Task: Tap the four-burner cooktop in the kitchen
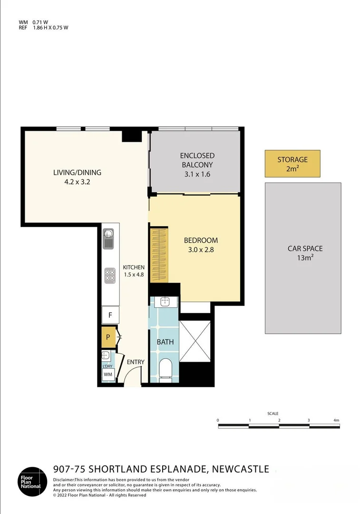pyautogui.click(x=110, y=275)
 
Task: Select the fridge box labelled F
pyautogui.click(x=110, y=315)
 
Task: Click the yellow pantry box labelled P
pyautogui.click(x=108, y=337)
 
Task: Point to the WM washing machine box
pyautogui.click(x=108, y=375)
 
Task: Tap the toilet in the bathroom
pyautogui.click(x=165, y=369)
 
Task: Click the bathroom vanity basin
pyautogui.click(x=165, y=301)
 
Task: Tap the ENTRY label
pyautogui.click(x=136, y=362)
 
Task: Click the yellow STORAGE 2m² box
pyautogui.click(x=292, y=164)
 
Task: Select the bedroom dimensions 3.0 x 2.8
pyautogui.click(x=201, y=249)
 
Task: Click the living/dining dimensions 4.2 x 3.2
pyautogui.click(x=77, y=181)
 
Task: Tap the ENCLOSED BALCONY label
pyautogui.click(x=197, y=160)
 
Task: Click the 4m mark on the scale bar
pyautogui.click(x=336, y=420)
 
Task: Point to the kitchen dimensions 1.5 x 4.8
pyautogui.click(x=134, y=274)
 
